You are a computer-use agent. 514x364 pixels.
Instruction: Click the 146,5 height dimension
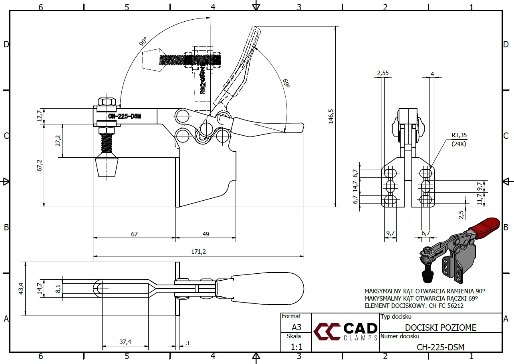coord(331,116)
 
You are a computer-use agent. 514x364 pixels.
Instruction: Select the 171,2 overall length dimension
coord(199,252)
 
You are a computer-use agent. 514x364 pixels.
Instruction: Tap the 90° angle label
coord(143,41)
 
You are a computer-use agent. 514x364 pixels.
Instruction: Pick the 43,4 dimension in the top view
coord(22,288)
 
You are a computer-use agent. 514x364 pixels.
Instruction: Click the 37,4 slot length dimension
coord(125,342)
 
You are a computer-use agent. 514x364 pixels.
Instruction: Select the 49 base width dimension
coord(206,234)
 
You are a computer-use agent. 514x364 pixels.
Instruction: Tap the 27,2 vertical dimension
coord(58,140)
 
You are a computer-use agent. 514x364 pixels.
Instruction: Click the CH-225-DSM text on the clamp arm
coord(125,116)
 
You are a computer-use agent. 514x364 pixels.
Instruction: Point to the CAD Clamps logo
coord(345,332)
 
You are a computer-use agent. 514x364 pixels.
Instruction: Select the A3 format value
coord(296,327)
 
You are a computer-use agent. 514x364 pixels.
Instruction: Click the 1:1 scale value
coord(296,346)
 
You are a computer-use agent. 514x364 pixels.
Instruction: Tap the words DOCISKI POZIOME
coord(441,327)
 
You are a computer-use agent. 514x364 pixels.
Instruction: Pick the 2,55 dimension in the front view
coord(383,73)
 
